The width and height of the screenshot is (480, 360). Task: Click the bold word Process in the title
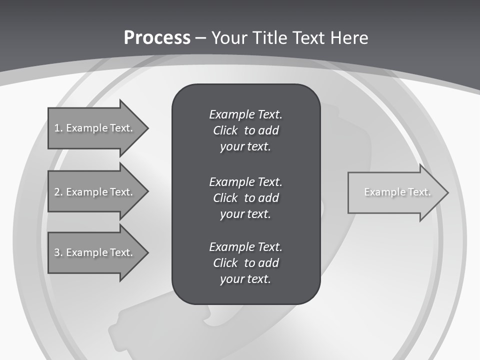157,38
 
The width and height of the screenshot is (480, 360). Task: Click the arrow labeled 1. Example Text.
95,128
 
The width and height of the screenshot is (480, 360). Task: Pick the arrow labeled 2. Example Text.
95,192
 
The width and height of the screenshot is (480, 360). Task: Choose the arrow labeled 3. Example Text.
95,252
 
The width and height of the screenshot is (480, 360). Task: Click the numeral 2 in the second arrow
57,192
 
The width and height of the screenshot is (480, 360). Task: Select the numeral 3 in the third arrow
57,252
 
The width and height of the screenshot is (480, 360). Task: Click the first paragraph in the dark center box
245,130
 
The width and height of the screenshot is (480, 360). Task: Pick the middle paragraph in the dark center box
245,197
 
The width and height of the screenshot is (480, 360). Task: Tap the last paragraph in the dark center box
245,263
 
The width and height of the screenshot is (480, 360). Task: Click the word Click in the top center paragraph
225,130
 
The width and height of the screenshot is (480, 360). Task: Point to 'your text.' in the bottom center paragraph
245,279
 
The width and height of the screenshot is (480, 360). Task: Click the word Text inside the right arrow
419,192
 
